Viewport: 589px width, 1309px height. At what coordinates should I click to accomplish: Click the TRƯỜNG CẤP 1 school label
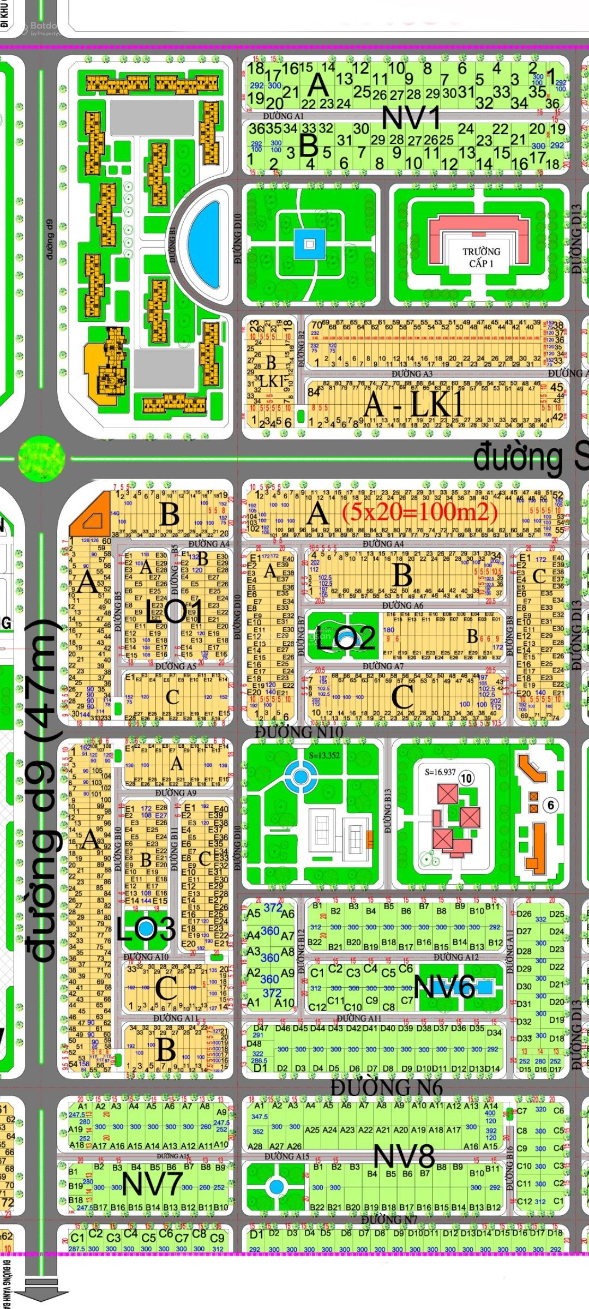pos(481,257)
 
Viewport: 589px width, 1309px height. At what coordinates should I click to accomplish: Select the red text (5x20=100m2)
pos(419,512)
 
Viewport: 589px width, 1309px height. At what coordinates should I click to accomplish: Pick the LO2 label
pos(346,637)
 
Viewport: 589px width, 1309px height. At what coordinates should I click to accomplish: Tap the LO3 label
pos(145,929)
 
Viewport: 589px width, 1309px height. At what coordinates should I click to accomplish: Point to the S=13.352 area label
pos(324,755)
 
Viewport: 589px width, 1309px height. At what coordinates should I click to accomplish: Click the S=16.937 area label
pos(440,772)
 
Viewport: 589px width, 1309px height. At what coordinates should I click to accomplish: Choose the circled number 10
pos(466,778)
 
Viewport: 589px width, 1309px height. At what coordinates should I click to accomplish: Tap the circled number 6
pos(550,805)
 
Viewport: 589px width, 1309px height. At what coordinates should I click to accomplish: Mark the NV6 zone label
pos(444,986)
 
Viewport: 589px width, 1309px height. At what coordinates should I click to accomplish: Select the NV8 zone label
pos(404,1156)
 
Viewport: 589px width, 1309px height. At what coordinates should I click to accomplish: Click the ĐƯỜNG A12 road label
pos(456,957)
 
